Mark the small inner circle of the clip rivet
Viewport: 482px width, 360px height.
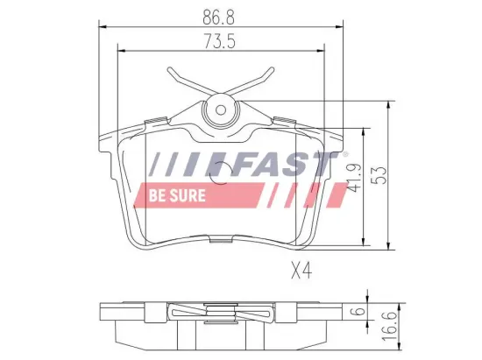click(220, 110)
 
